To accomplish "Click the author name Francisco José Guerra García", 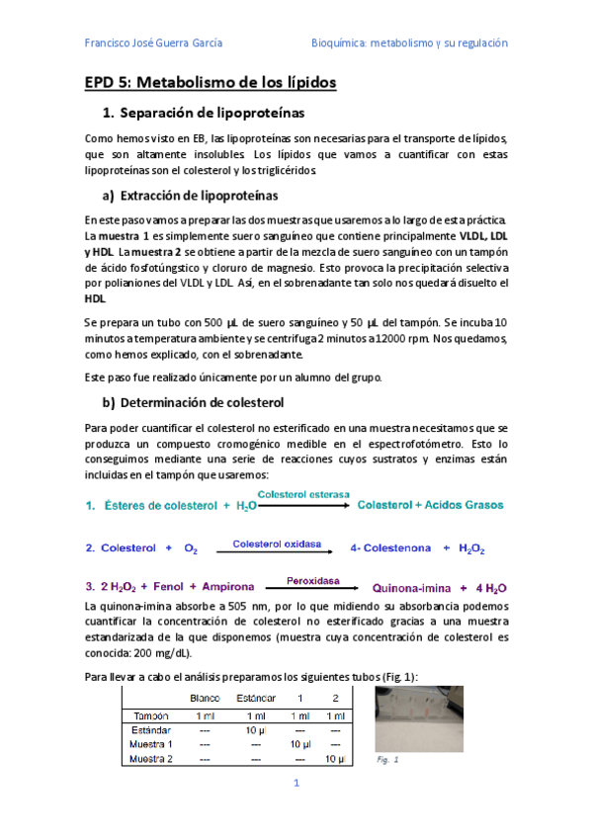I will pyautogui.click(x=153, y=43).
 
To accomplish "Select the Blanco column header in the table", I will pyautogui.click(x=205, y=698).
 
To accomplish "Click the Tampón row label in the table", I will pyautogui.click(x=150, y=714).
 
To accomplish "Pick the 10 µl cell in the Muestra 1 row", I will pyautogui.click(x=300, y=744).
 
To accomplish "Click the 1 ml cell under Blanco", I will pyautogui.click(x=205, y=714).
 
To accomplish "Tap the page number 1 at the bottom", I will pyautogui.click(x=295, y=783).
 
